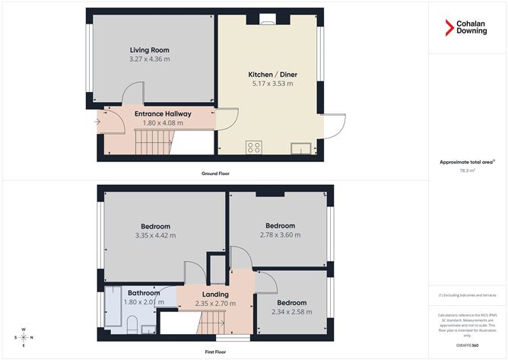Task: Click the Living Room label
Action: tap(149, 50)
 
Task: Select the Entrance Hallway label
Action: tap(163, 113)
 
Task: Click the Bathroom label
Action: tap(143, 293)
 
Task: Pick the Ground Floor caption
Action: tap(215, 174)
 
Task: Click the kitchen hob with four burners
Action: tap(253, 148)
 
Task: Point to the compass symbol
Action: tap(24, 337)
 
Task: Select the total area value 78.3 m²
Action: tap(466, 171)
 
